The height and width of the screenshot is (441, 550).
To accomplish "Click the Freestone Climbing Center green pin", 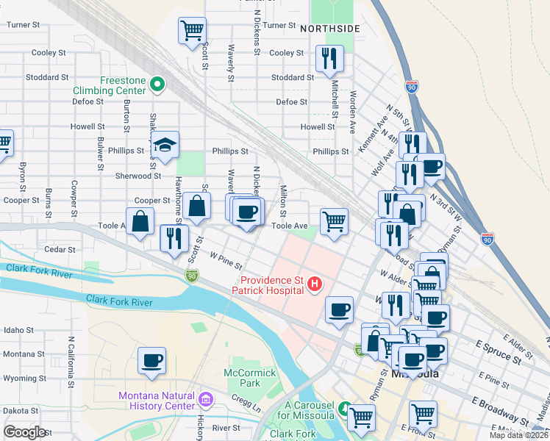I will click(x=157, y=85).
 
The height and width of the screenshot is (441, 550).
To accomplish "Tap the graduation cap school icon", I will click(x=167, y=146).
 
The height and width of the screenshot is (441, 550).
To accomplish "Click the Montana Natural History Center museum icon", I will click(x=205, y=401).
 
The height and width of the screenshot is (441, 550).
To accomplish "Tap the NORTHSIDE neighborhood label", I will click(x=330, y=28).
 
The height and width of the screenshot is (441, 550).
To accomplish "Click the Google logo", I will click(x=25, y=431).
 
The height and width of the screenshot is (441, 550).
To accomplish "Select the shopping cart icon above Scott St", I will click(x=192, y=32).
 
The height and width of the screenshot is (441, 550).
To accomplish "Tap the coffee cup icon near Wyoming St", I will click(x=152, y=361).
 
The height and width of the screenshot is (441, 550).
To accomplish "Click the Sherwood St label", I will click(x=137, y=176).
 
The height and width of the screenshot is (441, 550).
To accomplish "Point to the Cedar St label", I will click(x=60, y=249).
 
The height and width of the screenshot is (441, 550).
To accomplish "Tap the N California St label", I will click(x=71, y=363).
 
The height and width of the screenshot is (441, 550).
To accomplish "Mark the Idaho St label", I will click(x=19, y=331).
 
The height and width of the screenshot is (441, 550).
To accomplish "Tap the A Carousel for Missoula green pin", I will click(x=343, y=406).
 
